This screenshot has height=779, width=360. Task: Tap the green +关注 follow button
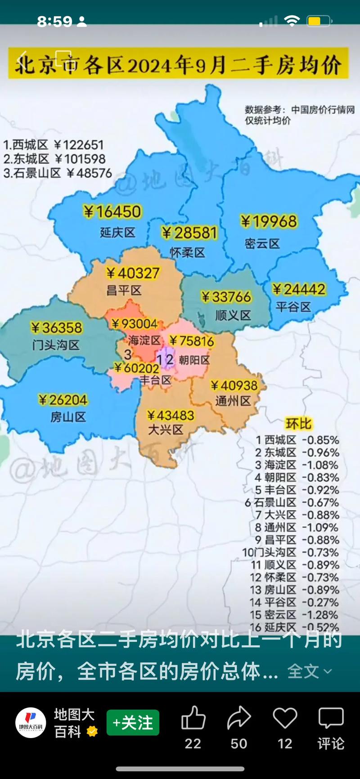133,723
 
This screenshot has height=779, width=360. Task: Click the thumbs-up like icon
193,718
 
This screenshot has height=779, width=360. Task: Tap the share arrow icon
239,718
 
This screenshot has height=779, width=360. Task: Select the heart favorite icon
285,718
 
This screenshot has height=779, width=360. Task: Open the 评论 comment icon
331,718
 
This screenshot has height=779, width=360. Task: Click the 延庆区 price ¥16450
112,212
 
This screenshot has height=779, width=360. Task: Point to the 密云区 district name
262,244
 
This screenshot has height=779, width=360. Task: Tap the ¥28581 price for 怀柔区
189,233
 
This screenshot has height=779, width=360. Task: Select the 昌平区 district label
124,290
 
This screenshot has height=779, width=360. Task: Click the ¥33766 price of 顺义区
226,297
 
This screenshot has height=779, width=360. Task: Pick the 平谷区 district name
293,307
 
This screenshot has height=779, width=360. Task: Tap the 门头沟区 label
56,345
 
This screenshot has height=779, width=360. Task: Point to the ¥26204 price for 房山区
63,400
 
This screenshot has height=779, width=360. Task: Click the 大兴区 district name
166,430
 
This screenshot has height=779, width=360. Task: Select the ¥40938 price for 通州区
234,385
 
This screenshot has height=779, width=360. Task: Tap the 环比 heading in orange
298,424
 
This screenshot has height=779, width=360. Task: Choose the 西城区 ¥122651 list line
54,145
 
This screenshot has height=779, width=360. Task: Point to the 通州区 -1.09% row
297,527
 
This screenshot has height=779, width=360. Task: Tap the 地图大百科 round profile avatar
31,723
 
